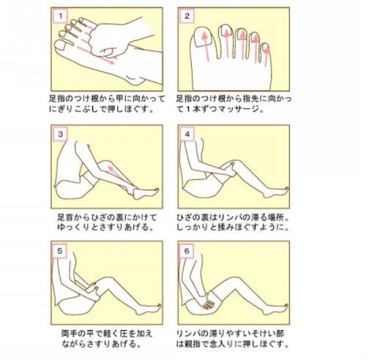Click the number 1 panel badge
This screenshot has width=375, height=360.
(x=60, y=17)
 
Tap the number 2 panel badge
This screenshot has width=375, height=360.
(x=187, y=17)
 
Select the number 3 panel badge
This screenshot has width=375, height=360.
(x=60, y=134)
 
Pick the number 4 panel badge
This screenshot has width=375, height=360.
(x=187, y=134)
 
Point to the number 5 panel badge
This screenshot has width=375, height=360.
(x=60, y=251)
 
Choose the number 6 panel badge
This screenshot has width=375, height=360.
(x=187, y=251)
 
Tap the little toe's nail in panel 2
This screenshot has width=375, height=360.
(x=265, y=48)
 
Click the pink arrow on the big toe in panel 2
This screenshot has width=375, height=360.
(x=206, y=46)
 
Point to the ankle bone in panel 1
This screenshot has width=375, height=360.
(x=133, y=80)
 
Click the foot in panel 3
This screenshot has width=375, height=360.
(x=145, y=193)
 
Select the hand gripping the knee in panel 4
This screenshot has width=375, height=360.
(x=229, y=169)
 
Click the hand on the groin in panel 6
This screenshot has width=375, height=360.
(x=207, y=301)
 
